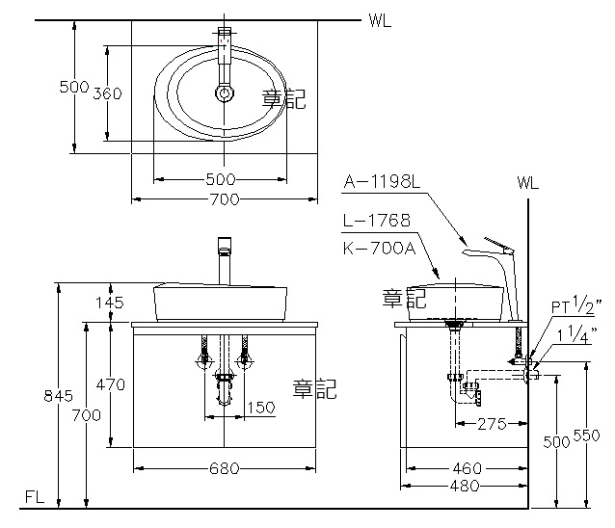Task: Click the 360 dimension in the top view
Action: [x=107, y=93]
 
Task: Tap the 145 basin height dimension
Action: [x=111, y=303]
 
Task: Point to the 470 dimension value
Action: [x=111, y=384]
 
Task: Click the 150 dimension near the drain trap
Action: [x=260, y=408]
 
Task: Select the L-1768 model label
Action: [x=376, y=221]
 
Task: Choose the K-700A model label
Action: [x=377, y=248]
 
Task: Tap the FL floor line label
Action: [x=35, y=498]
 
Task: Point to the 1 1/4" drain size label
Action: [x=578, y=335]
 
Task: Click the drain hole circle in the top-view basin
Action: [x=225, y=93]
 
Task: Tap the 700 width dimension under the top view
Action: [x=224, y=198]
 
